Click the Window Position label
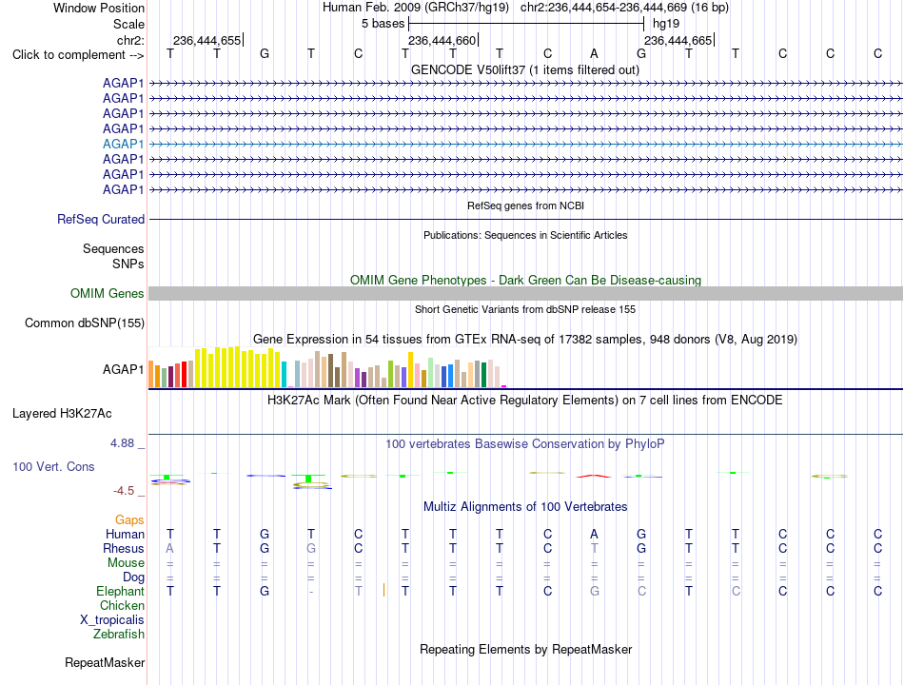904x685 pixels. click(99, 8)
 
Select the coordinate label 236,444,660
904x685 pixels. click(442, 40)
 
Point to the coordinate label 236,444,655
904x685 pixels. click(207, 40)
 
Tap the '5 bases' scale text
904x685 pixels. click(383, 24)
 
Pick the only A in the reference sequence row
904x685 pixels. click(594, 54)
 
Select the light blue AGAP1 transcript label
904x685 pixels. click(124, 145)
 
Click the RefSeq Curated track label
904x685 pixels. click(101, 219)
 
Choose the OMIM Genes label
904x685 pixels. click(107, 293)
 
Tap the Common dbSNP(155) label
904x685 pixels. click(85, 323)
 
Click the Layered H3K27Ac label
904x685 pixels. click(62, 414)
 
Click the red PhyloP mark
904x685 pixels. click(594, 476)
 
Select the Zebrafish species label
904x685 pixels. click(119, 635)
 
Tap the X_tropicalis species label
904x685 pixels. click(112, 620)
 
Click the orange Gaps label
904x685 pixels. click(129, 520)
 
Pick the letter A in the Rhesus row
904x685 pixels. click(169, 548)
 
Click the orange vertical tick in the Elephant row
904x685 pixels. click(384, 590)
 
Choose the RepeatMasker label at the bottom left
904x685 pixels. click(105, 662)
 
